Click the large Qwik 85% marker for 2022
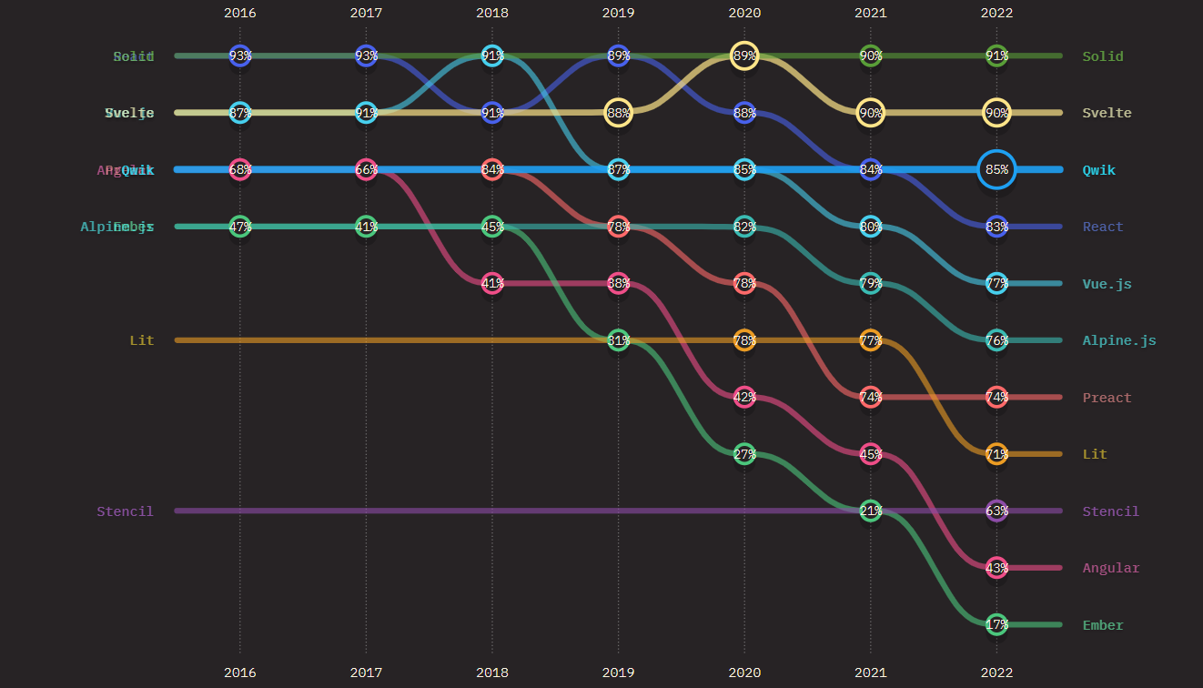pyautogui.click(x=996, y=169)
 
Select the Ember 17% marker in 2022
pyautogui.click(x=996, y=624)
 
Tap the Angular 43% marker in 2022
pyautogui.click(x=996, y=568)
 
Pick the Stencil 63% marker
pyautogui.click(x=996, y=511)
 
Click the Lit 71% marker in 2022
pyautogui.click(x=996, y=454)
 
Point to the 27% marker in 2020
pyautogui.click(x=744, y=454)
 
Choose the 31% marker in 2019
pyautogui.click(x=618, y=340)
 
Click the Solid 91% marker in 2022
pyautogui.click(x=996, y=56)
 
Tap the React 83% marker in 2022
pyautogui.click(x=996, y=227)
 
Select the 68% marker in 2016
pyautogui.click(x=240, y=169)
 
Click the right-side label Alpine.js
pyautogui.click(x=1118, y=340)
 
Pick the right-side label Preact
pyautogui.click(x=1107, y=398)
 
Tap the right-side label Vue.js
pyautogui.click(x=1107, y=284)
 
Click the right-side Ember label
pyautogui.click(x=1103, y=625)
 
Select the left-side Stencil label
pyautogui.click(x=126, y=511)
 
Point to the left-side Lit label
pyautogui.click(x=142, y=340)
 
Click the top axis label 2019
pyautogui.click(x=618, y=13)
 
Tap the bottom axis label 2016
pyautogui.click(x=240, y=673)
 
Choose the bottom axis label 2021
pyautogui.click(x=870, y=673)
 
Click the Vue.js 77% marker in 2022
pyautogui.click(x=996, y=283)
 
